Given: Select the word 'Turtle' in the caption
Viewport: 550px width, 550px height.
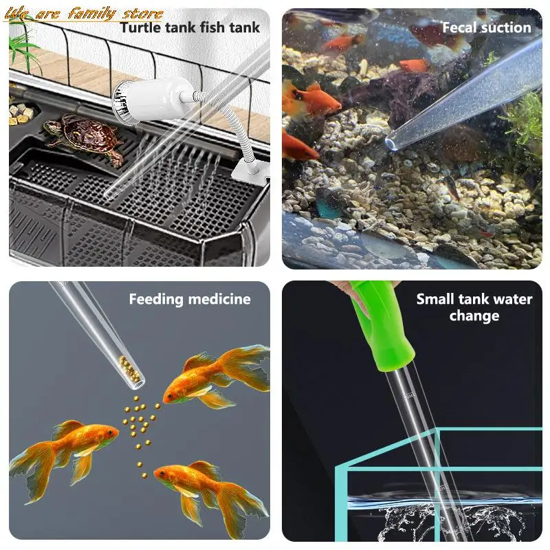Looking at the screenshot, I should click(x=140, y=27).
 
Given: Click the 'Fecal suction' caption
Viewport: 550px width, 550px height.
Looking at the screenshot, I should click(x=486, y=27).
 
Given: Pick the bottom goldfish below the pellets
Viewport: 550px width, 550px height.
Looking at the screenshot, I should click(x=206, y=488).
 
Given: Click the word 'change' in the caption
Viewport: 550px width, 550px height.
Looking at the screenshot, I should click(x=474, y=316).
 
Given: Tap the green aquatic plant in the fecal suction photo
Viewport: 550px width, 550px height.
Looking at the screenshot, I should click(x=526, y=120).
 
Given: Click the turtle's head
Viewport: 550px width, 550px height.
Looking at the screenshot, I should click(x=49, y=126).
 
